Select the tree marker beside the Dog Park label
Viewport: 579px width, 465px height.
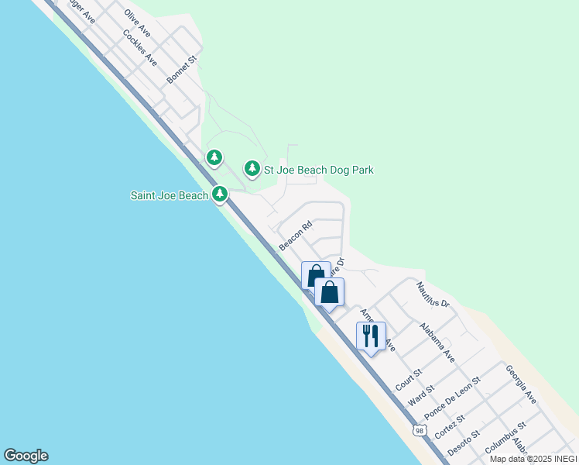(x=252, y=168)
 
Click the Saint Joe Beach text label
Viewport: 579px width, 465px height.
(x=169, y=195)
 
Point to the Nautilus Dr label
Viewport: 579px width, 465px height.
(x=433, y=294)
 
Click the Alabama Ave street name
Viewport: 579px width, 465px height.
(x=437, y=343)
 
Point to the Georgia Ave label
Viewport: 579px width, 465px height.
(x=521, y=385)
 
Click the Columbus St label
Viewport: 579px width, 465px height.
(x=505, y=437)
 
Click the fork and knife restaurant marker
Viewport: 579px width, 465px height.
(x=371, y=336)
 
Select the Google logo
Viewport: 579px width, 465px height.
(x=26, y=456)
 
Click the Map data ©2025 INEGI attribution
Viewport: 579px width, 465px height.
(x=533, y=459)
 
